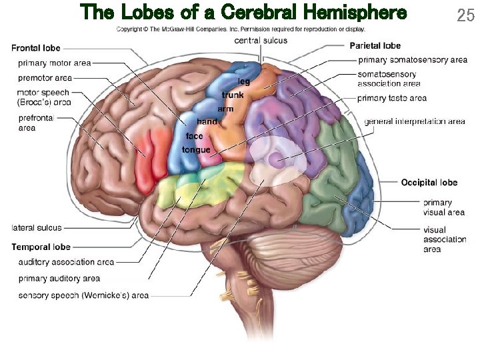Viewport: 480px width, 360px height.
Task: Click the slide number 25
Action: (465, 15)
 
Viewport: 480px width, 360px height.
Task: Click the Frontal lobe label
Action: (36, 48)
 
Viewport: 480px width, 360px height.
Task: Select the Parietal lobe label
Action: (375, 45)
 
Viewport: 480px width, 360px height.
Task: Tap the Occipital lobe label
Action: (429, 182)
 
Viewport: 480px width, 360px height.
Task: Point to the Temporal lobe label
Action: (41, 247)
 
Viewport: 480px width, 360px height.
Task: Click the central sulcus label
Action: (261, 40)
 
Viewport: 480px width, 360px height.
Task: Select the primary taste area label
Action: (392, 99)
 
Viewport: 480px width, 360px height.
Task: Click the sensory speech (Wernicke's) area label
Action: (83, 295)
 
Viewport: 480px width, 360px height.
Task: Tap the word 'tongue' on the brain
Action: (196, 150)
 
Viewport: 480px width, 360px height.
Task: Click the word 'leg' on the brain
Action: (243, 81)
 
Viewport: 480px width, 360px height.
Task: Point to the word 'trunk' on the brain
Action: (233, 95)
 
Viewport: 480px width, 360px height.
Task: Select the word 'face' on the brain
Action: (195, 136)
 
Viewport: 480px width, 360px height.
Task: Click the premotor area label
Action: (45, 78)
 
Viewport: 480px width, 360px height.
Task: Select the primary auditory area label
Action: (59, 278)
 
